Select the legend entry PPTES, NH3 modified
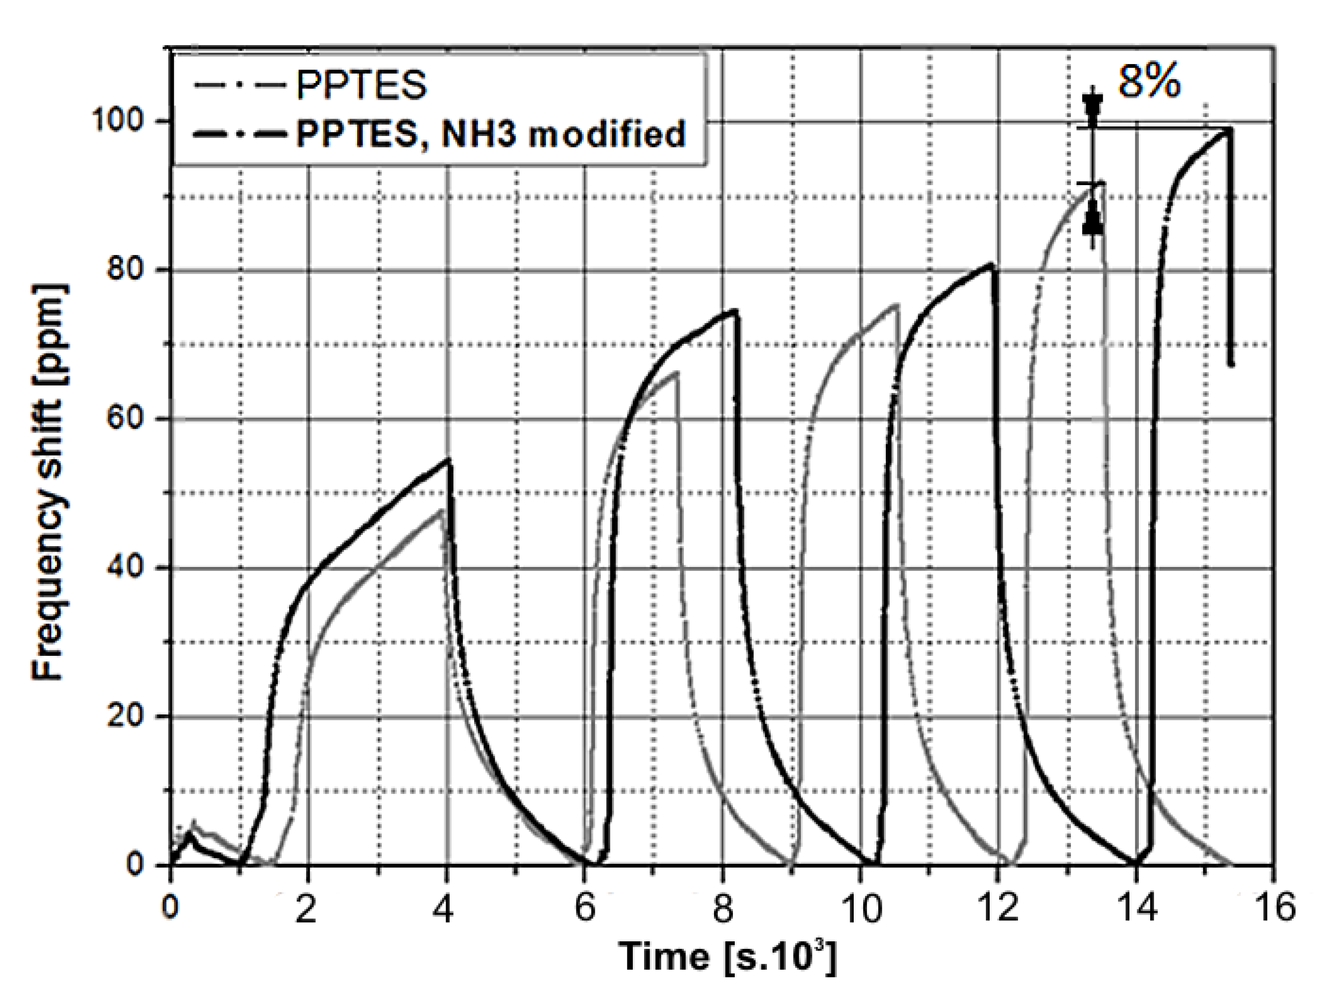(x=491, y=134)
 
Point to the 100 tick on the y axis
(x=119, y=121)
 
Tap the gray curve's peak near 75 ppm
(x=897, y=305)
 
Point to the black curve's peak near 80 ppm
(x=991, y=264)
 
